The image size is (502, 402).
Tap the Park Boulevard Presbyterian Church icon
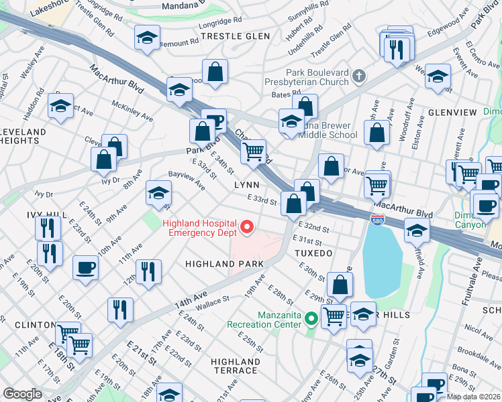(360, 76)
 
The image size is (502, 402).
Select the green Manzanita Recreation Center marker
(311, 319)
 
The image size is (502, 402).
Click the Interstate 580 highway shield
(377, 219)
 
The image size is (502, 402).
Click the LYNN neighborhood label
(246, 184)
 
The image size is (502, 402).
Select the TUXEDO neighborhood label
(313, 254)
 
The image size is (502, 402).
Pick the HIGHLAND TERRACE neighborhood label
(235, 366)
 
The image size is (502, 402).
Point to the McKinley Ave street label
(133, 111)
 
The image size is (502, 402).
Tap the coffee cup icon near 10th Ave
(85, 267)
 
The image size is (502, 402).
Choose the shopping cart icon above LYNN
(253, 151)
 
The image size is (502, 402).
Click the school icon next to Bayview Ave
(158, 194)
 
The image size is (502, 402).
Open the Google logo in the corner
(22, 394)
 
